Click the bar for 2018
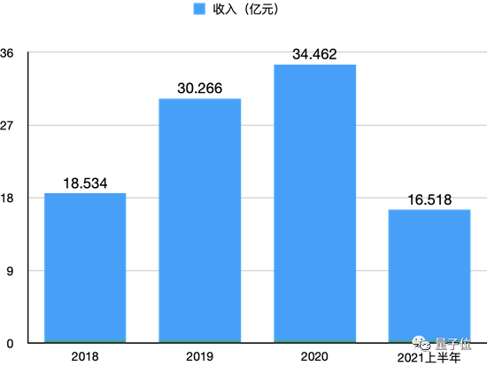85,268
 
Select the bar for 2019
199,221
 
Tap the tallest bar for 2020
314,204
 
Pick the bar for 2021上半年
429,276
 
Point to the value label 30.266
199,89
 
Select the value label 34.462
314,55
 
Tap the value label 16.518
429,200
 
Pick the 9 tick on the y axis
12,270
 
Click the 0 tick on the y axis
12,343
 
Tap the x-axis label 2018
85,356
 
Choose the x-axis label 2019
199,356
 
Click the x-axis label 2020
314,356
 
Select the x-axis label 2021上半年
429,357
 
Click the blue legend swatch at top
199,11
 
